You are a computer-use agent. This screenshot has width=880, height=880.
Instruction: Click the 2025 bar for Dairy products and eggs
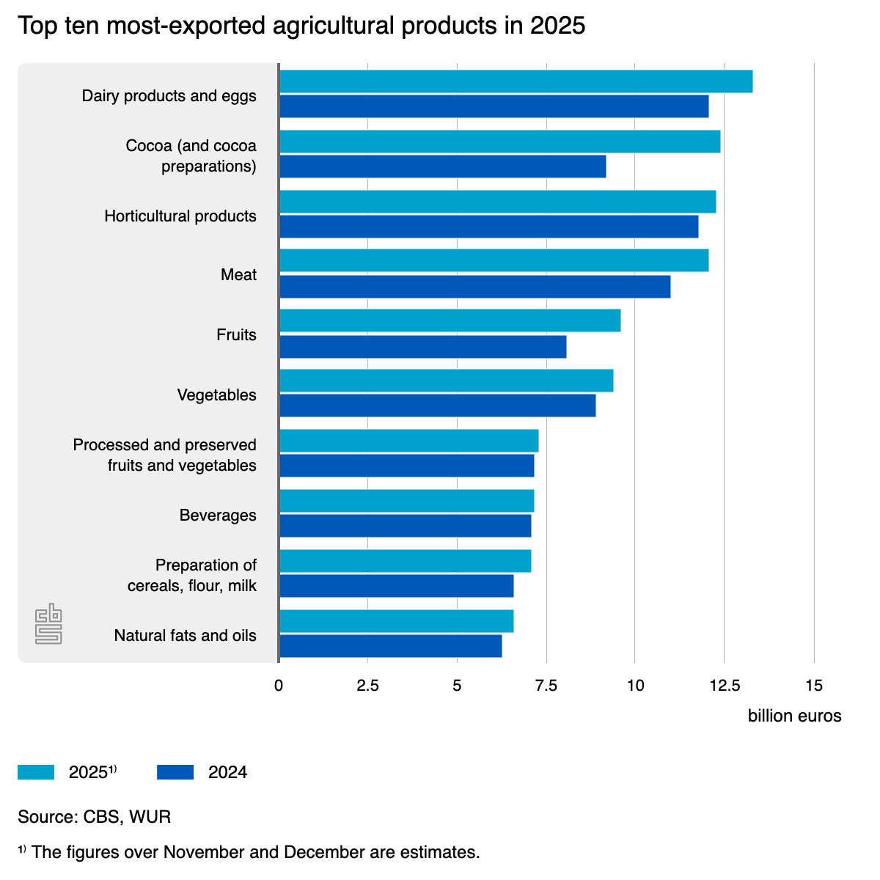pos(516,81)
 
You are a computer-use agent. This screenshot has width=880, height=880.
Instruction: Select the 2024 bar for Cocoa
pos(442,166)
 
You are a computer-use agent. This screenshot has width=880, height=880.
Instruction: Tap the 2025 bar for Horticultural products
pos(497,202)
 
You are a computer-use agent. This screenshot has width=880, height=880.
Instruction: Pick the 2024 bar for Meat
pos(474,287)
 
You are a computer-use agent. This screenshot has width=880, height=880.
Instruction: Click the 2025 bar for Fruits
pos(450,320)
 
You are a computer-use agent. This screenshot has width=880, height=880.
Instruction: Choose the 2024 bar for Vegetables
pos(437,406)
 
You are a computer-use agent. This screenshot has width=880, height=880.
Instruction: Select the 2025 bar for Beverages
pos(406,501)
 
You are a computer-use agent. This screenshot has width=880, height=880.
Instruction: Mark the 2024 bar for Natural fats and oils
pos(390,646)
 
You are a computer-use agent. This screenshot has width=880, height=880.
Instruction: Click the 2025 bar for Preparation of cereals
pos(405,561)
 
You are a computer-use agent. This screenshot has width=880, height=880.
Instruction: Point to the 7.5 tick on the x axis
pos(546,686)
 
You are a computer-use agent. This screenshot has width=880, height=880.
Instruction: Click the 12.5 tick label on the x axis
pos(724,686)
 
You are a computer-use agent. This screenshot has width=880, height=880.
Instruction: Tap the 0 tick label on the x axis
pos(279,686)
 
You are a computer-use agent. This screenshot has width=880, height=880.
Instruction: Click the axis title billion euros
pos(794,716)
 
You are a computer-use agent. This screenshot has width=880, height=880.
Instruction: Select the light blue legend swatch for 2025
pos(36,772)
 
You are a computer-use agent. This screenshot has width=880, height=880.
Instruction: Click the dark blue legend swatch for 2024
pos(175,772)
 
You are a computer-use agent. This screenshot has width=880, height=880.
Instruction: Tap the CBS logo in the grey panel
pos(48,624)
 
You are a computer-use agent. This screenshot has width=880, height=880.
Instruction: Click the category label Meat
pos(238,275)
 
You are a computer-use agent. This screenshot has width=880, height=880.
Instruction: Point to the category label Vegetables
pos(216,395)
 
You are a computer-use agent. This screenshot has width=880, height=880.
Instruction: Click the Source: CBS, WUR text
pos(94,817)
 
